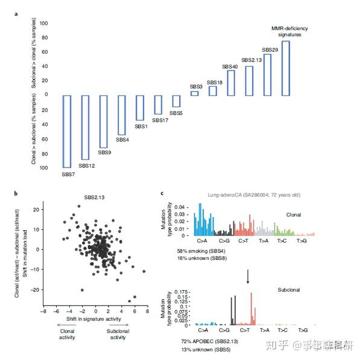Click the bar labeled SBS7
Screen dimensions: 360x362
67,131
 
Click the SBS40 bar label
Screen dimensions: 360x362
230,66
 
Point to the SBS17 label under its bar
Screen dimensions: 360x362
160,120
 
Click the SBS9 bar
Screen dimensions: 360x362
103,121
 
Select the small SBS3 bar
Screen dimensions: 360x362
194,93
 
